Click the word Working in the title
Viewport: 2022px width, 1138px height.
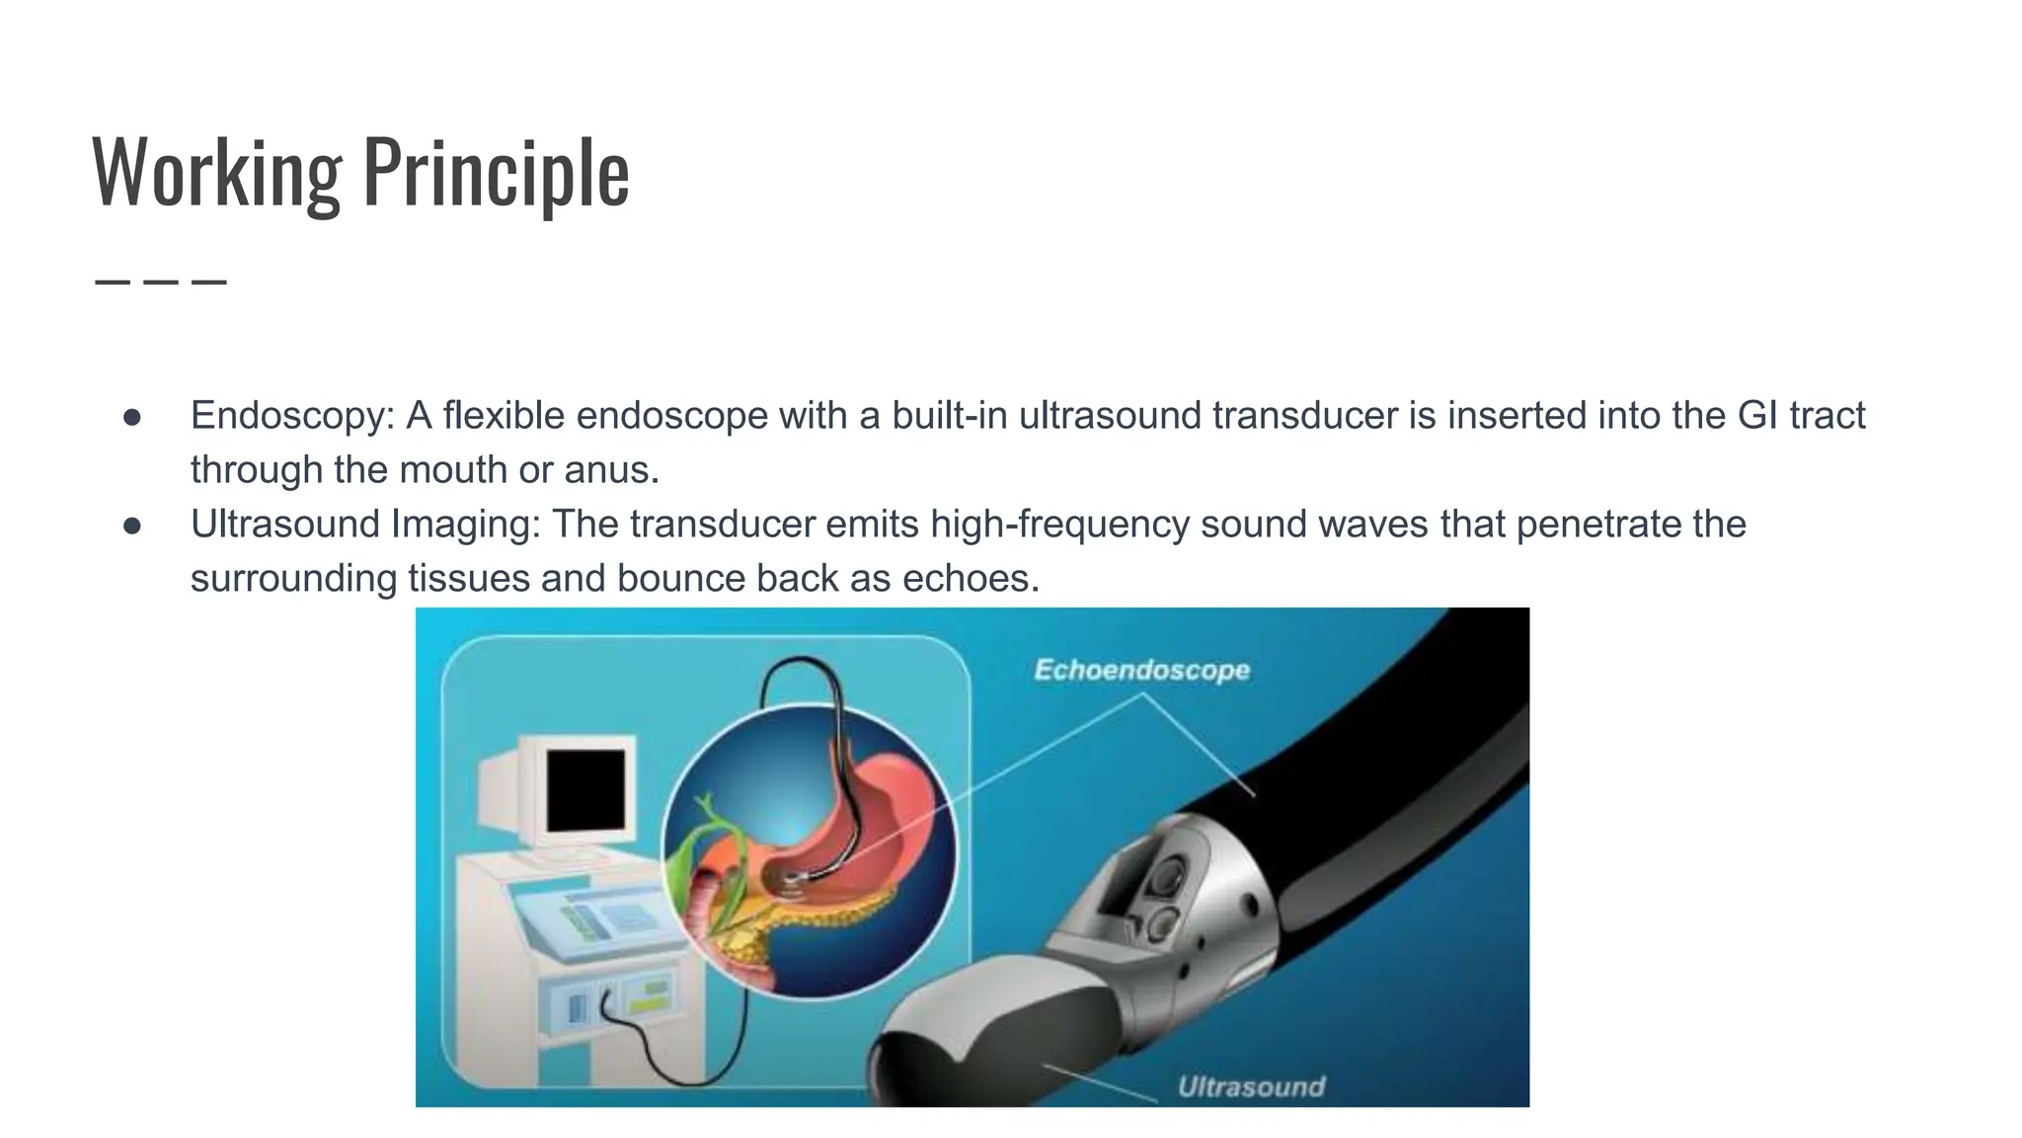click(x=216, y=172)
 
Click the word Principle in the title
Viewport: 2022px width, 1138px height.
click(x=496, y=172)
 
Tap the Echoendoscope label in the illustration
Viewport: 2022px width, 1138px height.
click(x=1141, y=670)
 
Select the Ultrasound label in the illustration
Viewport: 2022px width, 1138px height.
click(x=1251, y=1087)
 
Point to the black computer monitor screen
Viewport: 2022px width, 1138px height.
click(x=585, y=790)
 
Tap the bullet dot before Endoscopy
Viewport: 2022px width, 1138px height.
click(x=132, y=418)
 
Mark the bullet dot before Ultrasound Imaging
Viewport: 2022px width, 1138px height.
click(x=132, y=527)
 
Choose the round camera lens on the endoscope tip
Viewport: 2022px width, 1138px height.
click(x=1170, y=874)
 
